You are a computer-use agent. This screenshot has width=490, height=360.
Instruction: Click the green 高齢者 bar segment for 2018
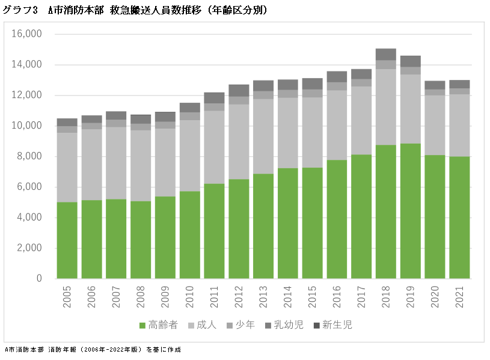coord(385,212)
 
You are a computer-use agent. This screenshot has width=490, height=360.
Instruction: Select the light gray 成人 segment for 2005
coord(67,167)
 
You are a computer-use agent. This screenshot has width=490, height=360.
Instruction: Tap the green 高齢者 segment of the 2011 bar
coord(214,231)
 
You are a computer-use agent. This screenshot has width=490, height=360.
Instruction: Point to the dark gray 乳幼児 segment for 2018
coord(385,54)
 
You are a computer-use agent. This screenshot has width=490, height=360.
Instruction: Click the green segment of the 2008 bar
coord(141,239)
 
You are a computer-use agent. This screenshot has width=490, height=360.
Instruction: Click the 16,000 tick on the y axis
coord(26,34)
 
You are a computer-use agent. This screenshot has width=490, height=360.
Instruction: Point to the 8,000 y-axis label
coord(29,156)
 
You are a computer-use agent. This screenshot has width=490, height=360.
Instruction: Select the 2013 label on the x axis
coord(263,297)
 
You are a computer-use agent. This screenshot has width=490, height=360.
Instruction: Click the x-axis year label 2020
coord(435,297)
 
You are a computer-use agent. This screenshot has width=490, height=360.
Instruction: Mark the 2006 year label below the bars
coord(91,297)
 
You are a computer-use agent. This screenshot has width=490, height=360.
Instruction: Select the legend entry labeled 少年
coord(240,325)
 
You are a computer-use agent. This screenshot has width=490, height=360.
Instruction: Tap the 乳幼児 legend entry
coord(281,325)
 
